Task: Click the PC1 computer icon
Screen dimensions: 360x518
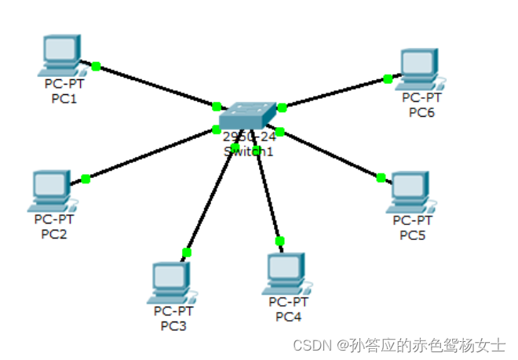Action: (60, 53)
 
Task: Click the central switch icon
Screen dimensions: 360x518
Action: (247, 116)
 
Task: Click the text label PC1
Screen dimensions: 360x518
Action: (65, 99)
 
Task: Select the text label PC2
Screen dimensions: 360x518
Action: (54, 234)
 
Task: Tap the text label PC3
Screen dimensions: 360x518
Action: (173, 325)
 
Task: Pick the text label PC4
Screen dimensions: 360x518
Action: (289, 316)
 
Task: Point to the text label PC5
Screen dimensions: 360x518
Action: (412, 235)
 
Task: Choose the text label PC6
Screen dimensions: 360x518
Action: (421, 112)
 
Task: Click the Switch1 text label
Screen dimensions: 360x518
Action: (248, 151)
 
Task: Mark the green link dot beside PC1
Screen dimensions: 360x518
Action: (97, 66)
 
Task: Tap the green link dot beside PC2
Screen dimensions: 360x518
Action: (86, 179)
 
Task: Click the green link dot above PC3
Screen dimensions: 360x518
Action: (187, 252)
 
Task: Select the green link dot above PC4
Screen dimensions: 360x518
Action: (279, 241)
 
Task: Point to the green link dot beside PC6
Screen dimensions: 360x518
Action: (388, 78)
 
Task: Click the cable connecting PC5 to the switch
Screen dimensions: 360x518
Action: (330, 155)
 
